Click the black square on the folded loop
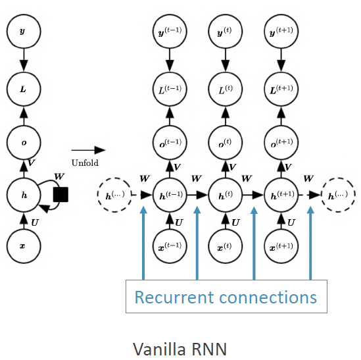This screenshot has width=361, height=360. tap(60, 195)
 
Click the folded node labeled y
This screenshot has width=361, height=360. tap(23, 31)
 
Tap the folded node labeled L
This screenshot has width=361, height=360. tap(23, 86)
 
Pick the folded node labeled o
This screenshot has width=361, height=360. tap(23, 141)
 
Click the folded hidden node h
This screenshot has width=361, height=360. tap(23, 195)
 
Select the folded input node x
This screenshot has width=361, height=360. tap(23, 245)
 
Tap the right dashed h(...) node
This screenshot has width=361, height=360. tap(339, 195)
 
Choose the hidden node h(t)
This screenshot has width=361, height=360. tap(225, 195)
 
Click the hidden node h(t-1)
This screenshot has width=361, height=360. tap(169, 195)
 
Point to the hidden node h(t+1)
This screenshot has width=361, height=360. tap(281, 195)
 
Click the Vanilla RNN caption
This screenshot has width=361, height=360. tap(180, 347)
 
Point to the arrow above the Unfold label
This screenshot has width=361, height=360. tap(84, 149)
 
